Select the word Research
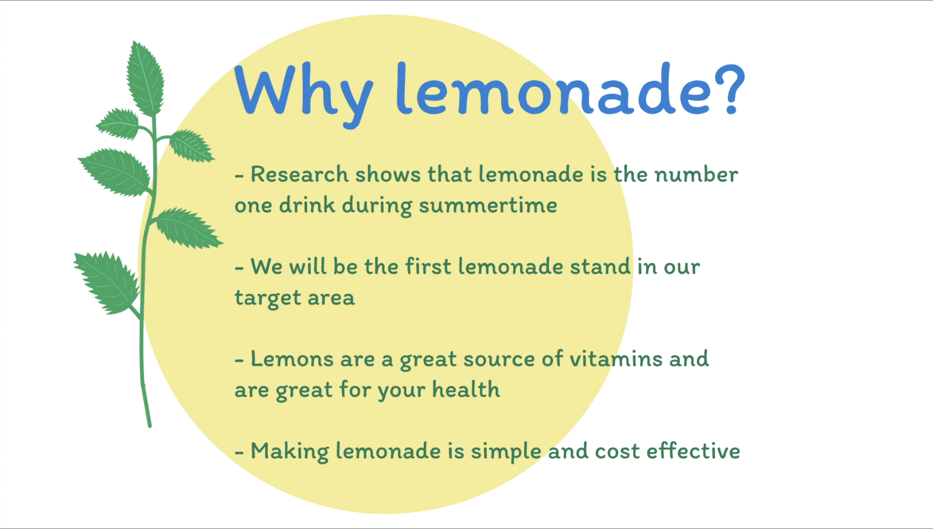pyautogui.click(x=299, y=174)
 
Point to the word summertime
pyautogui.click(x=488, y=205)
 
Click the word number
pyautogui.click(x=696, y=174)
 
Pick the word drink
pyautogui.click(x=307, y=204)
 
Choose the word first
pyautogui.click(x=428, y=266)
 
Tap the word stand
pyautogui.click(x=600, y=266)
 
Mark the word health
pyautogui.click(x=465, y=390)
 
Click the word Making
pyautogui.click(x=289, y=452)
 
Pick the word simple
pyautogui.click(x=506, y=452)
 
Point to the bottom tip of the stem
pyautogui.click(x=149, y=426)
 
